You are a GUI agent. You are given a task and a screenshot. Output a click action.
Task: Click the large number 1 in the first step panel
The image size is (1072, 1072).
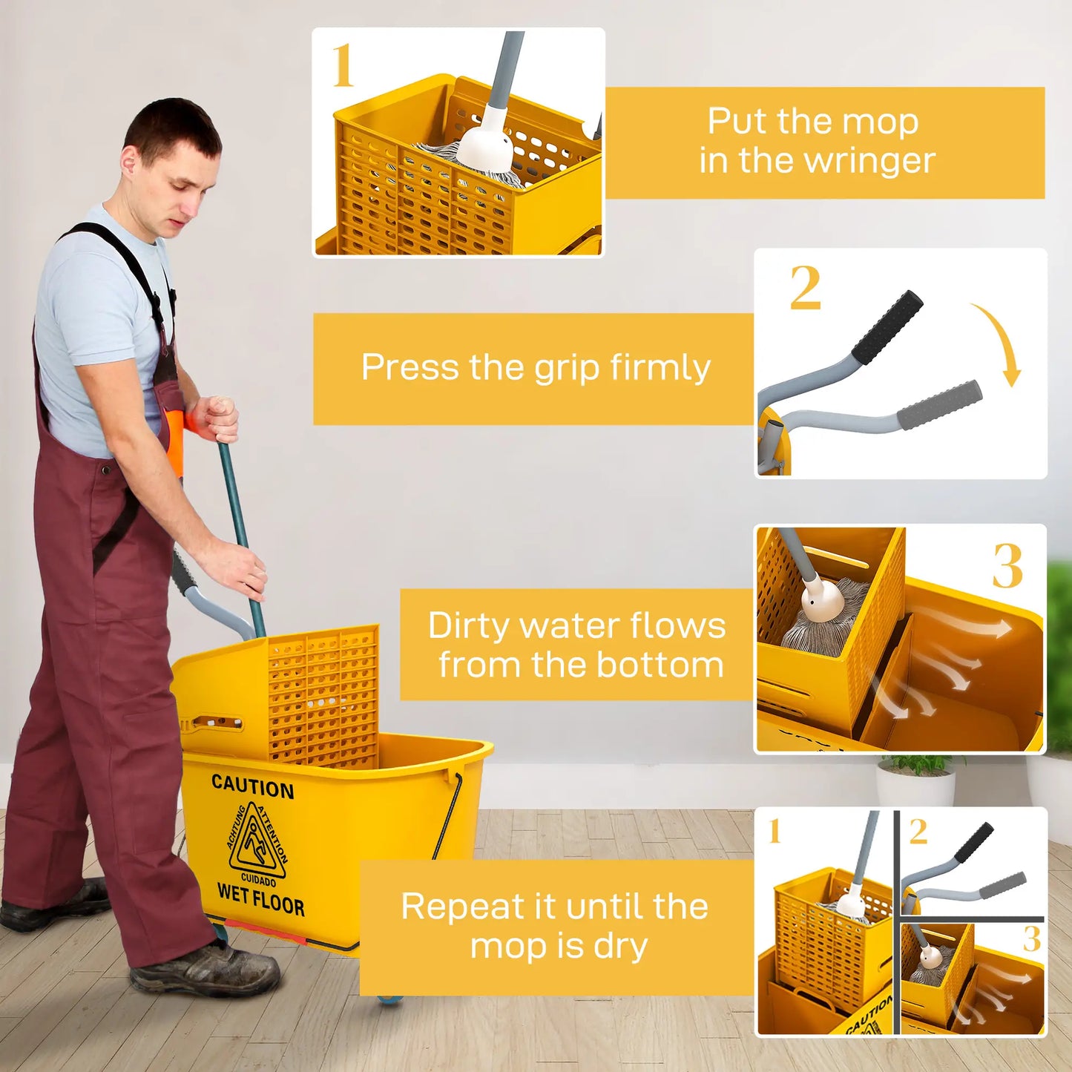[x=342, y=66]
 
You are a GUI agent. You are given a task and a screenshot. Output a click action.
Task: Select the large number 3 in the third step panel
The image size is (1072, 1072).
[x=1007, y=566]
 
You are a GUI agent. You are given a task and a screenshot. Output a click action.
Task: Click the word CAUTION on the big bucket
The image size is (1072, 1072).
[x=252, y=786]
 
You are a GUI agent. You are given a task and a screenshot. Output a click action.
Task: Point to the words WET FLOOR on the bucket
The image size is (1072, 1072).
[x=260, y=900]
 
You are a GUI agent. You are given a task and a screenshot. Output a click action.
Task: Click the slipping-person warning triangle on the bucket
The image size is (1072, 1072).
[x=257, y=843]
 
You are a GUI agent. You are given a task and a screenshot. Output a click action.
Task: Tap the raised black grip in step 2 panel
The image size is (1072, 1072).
[x=887, y=327]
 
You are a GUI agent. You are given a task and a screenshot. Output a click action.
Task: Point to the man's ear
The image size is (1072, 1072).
[x=131, y=160]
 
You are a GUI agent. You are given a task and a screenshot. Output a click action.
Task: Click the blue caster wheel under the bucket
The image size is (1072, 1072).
[x=389, y=1000]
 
